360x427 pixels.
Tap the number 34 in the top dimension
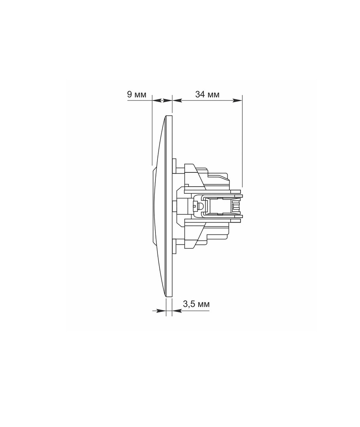(x=200, y=94)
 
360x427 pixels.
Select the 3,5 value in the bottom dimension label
(x=189, y=304)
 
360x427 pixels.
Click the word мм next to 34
(x=214, y=95)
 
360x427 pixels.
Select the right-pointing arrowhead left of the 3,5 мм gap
(x=162, y=310)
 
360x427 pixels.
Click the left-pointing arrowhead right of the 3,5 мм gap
(x=176, y=310)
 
